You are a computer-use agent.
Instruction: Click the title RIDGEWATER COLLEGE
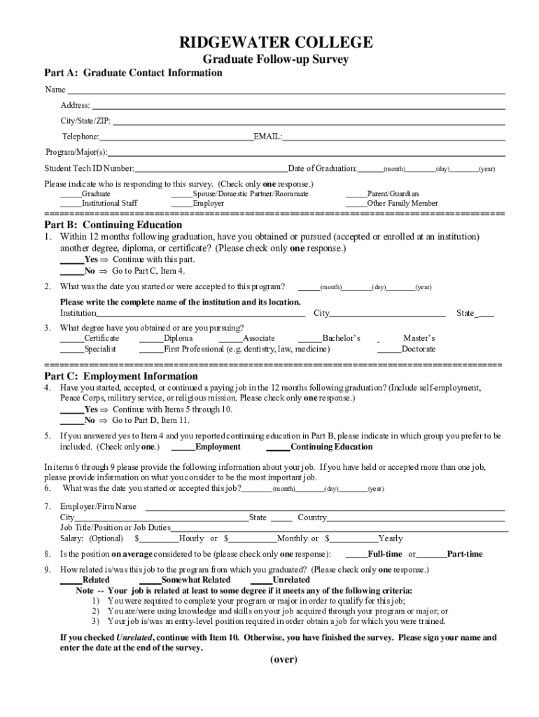(x=275, y=43)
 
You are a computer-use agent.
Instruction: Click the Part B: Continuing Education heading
(x=113, y=225)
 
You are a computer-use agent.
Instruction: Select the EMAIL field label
(x=267, y=137)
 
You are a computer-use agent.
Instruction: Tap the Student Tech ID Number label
(x=89, y=169)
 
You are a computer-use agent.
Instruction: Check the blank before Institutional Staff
(x=70, y=203)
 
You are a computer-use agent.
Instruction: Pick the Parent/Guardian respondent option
(x=393, y=193)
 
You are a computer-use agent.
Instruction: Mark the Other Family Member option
(x=402, y=203)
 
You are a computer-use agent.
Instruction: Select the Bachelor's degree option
(x=341, y=338)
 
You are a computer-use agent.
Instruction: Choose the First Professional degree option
(x=247, y=349)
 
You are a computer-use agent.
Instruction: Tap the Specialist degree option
(x=100, y=349)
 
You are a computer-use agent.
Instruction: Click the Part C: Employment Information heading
(x=121, y=376)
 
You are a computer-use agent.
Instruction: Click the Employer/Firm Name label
(x=98, y=506)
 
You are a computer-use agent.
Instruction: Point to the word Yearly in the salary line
(x=391, y=538)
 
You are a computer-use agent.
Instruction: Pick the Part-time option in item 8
(x=465, y=554)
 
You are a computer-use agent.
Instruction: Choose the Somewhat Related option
(x=195, y=580)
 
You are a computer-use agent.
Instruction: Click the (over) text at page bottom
(x=284, y=660)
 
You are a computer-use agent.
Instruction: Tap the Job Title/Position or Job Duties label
(x=115, y=527)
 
